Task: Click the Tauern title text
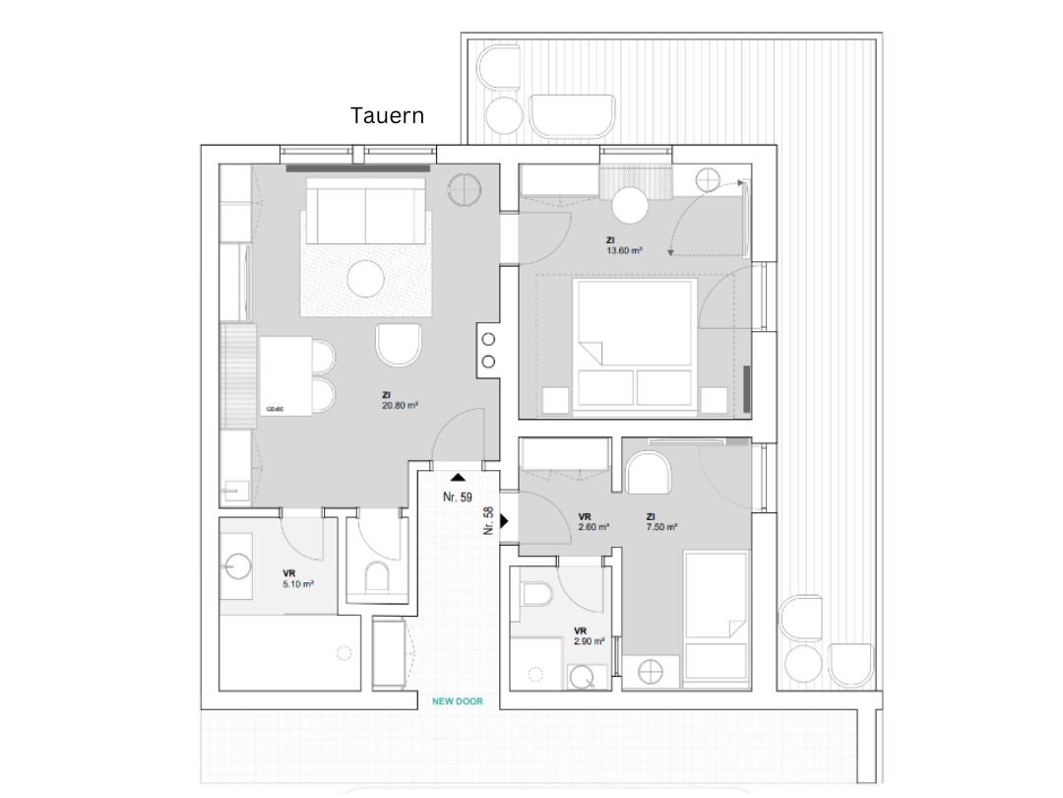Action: [388, 115]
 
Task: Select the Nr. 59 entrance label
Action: [458, 497]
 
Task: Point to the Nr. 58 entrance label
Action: [488, 520]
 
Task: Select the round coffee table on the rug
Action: [367, 278]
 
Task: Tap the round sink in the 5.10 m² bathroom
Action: [237, 565]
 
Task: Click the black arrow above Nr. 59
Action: [458, 477]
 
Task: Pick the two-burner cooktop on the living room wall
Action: [489, 350]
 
